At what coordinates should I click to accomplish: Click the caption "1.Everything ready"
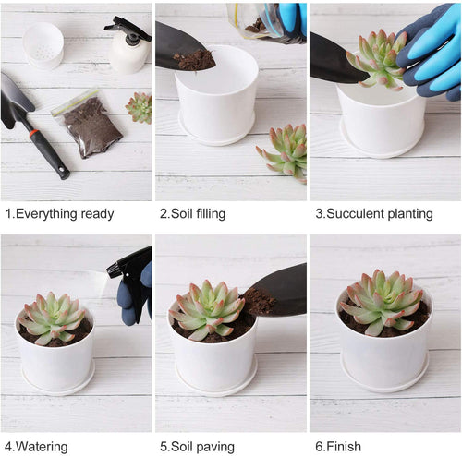tap(60, 214)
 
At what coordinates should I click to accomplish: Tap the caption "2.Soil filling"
tap(192, 213)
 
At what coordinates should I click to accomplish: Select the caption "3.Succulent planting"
tap(374, 214)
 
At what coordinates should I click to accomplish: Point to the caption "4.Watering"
tap(36, 447)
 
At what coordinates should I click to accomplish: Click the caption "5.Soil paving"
tap(197, 447)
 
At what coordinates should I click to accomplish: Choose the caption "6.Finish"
tap(338, 446)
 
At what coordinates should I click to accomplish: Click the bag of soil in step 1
tap(88, 124)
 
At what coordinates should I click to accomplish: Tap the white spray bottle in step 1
tap(128, 45)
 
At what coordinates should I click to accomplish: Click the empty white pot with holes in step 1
tap(43, 45)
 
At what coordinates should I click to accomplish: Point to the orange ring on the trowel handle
tap(34, 134)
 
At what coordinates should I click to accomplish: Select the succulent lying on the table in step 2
tap(283, 153)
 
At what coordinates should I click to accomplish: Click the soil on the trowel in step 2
tap(194, 59)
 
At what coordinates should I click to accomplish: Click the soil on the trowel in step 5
tap(258, 302)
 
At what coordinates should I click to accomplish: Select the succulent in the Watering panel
tap(52, 318)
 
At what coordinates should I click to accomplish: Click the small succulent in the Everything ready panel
tap(140, 108)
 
